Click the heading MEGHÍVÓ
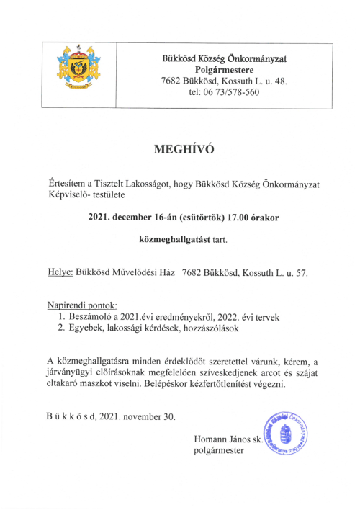(184, 150)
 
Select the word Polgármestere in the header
(225, 69)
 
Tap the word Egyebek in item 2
(88, 328)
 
